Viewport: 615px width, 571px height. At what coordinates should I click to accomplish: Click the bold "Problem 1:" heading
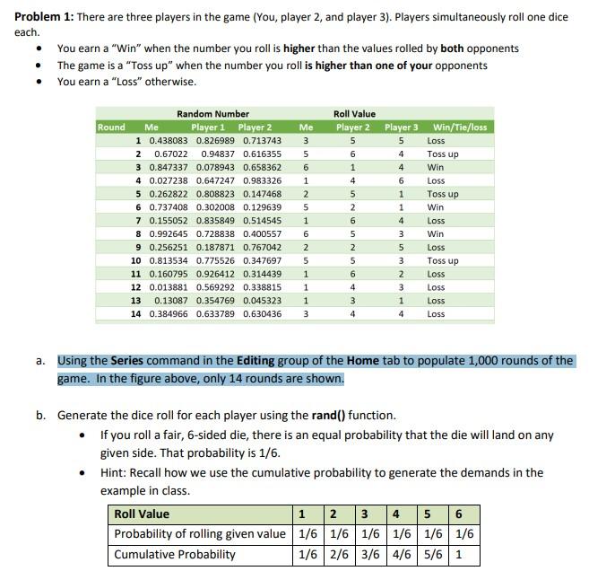(x=35, y=17)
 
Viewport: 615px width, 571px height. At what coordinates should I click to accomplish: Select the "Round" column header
(x=111, y=127)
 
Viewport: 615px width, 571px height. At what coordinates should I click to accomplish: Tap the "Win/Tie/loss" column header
(x=459, y=127)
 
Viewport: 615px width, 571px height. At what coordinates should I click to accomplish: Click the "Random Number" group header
(x=212, y=114)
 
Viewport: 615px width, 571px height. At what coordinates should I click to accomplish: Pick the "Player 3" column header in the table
(x=401, y=127)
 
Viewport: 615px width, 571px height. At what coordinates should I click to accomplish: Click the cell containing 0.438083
(x=168, y=141)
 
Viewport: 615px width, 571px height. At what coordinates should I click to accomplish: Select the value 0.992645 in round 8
(x=168, y=233)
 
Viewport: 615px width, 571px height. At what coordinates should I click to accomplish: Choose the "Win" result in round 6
(x=436, y=207)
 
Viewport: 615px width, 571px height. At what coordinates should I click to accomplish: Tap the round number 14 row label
(x=136, y=314)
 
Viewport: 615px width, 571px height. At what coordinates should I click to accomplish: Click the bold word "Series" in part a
(x=126, y=361)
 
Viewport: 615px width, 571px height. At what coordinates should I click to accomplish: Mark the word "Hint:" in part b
(x=115, y=473)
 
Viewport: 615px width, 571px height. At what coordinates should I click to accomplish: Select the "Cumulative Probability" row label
(x=174, y=554)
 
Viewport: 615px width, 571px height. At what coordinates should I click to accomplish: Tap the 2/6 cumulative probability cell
(x=336, y=554)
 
